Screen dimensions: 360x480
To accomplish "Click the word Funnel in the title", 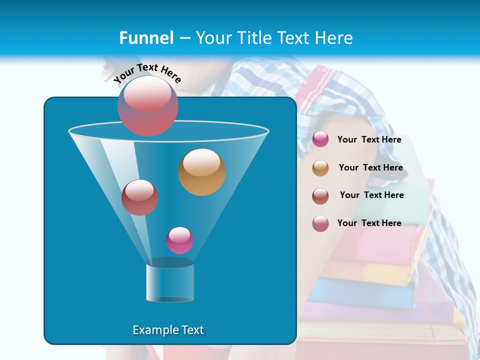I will [x=146, y=38].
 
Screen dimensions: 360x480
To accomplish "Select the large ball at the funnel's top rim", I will [x=147, y=105].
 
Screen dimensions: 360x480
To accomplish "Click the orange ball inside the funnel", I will [x=202, y=172].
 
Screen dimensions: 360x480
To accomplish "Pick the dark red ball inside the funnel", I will [x=139, y=197].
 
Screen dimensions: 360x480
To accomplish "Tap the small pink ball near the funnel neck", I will [x=179, y=240].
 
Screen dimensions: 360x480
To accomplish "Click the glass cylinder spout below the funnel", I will [x=170, y=281].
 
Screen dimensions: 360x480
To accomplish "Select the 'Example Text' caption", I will [x=168, y=330].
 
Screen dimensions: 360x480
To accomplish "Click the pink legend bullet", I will [x=320, y=139].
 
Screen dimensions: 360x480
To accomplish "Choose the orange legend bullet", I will [x=320, y=168].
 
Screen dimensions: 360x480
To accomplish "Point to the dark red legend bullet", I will [x=320, y=195].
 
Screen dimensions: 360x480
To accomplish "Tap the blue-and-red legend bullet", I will [x=320, y=223].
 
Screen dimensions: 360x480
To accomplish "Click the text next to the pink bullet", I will [x=369, y=140].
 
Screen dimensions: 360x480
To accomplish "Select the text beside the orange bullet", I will [x=370, y=168].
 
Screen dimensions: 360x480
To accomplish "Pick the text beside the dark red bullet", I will [x=371, y=195].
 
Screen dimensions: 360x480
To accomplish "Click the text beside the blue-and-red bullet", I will [x=369, y=223].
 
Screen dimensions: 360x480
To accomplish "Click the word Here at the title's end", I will [x=335, y=38].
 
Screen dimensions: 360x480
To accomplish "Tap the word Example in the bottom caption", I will [x=152, y=330].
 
